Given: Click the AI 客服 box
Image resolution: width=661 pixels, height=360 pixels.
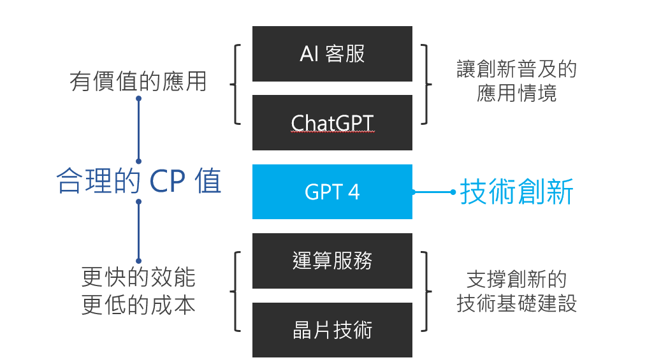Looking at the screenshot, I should (x=332, y=54).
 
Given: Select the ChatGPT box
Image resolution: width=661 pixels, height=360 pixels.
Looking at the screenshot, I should (x=332, y=122).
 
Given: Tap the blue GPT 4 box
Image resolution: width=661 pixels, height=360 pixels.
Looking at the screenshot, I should (x=332, y=192).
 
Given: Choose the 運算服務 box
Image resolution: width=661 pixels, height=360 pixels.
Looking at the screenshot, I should (x=332, y=261).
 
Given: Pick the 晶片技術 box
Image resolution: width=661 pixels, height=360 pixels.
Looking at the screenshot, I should (x=332, y=330).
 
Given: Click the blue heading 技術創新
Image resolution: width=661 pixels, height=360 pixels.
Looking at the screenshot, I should (x=516, y=192).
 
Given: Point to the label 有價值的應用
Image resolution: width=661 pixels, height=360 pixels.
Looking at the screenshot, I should (x=138, y=82).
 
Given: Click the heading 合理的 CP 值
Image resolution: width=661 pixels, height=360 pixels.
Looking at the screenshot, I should (x=139, y=182).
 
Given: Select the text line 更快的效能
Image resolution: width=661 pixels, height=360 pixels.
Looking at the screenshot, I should (x=138, y=277).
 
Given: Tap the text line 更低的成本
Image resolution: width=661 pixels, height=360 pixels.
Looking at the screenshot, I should (x=138, y=305).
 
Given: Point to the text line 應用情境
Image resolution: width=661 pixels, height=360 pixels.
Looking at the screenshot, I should (x=516, y=94).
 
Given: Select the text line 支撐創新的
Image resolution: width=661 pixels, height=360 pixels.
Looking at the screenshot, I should (x=516, y=278).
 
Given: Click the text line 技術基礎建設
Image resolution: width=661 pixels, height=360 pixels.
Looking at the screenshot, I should (x=516, y=303).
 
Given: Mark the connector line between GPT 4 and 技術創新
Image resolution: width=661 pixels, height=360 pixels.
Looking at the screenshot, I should (x=433, y=192).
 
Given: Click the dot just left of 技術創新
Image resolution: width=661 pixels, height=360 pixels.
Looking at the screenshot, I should (x=453, y=192).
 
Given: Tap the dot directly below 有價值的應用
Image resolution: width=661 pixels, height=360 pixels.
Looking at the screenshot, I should (x=138, y=99).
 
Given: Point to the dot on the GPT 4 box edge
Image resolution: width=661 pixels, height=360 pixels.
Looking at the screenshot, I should (x=413, y=192).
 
